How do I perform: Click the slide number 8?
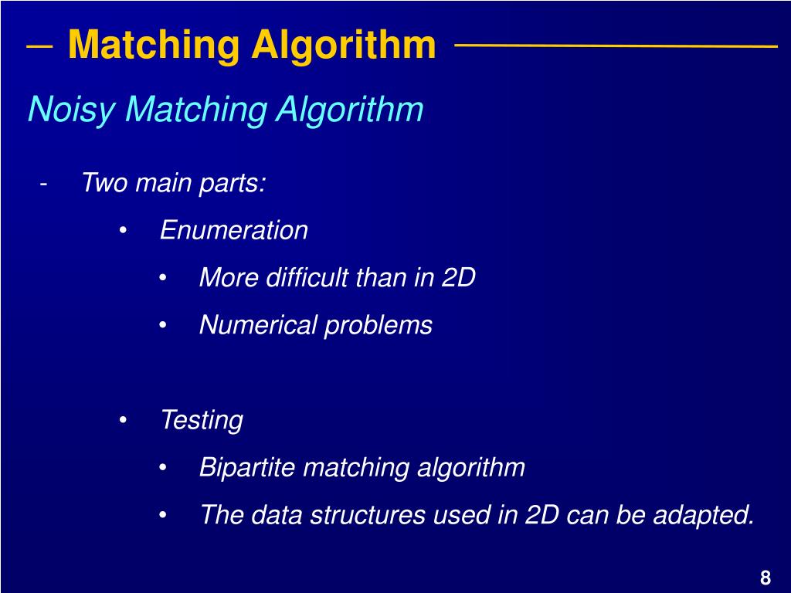pyautogui.click(x=766, y=578)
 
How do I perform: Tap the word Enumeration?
pyautogui.click(x=234, y=230)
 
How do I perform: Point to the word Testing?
pyautogui.click(x=202, y=421)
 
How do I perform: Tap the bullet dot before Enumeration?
pyautogui.click(x=124, y=231)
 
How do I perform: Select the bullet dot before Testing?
pyautogui.click(x=124, y=421)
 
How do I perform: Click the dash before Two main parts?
pyautogui.click(x=45, y=184)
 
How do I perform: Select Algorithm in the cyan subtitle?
pyautogui.click(x=350, y=110)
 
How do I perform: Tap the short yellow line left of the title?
pyautogui.click(x=39, y=46)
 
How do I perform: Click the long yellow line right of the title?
pyautogui.click(x=616, y=46)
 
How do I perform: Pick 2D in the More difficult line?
pyautogui.click(x=458, y=278)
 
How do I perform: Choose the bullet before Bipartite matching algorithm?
pyautogui.click(x=163, y=468)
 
